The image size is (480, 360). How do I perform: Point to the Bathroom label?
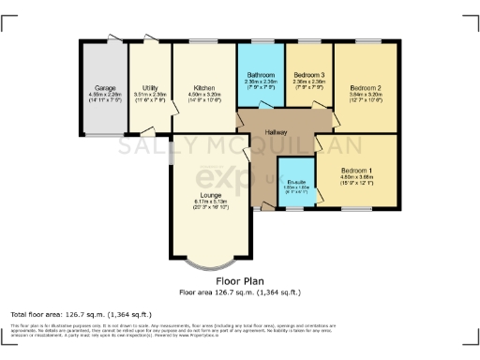260,74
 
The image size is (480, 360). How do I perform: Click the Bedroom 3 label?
308,74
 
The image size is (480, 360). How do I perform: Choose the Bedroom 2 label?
366,85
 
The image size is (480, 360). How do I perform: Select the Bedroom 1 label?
357,170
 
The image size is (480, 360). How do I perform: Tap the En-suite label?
299,182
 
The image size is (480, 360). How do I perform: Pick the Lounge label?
211,195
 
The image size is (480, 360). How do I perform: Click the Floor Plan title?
239,280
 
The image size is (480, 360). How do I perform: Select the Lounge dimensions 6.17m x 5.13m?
211,202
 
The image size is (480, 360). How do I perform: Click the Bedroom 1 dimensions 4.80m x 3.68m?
357,177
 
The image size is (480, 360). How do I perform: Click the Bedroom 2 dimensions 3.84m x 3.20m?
366,93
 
